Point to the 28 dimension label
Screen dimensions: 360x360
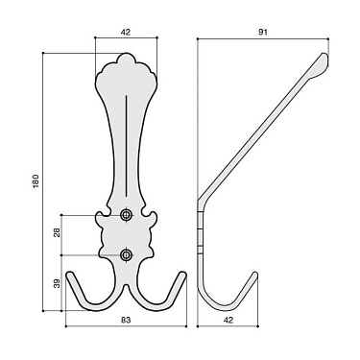[x=57, y=234]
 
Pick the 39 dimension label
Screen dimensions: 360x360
[x=57, y=284]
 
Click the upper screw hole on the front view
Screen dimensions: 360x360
[x=127, y=216]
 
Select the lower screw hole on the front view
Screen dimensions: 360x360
[x=127, y=254]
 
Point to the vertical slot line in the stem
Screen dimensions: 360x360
[x=127, y=144]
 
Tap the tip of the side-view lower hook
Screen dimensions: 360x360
[x=255, y=275]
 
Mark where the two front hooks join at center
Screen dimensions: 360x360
[x=127, y=288]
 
